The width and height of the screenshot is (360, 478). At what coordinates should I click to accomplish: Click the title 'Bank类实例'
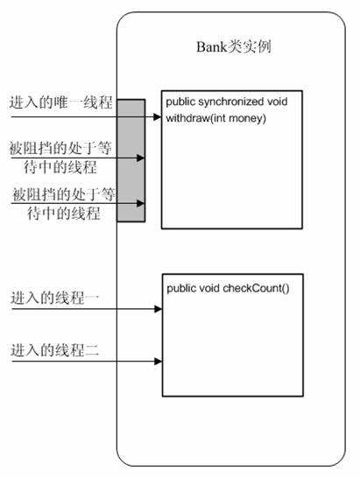click(234, 47)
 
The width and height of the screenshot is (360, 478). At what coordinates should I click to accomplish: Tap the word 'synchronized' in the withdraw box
click(230, 102)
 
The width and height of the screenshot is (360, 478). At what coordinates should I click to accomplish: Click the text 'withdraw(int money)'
click(216, 118)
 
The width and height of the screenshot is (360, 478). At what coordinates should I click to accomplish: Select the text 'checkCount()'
click(256, 288)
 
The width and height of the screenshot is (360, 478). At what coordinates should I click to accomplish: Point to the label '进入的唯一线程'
click(61, 102)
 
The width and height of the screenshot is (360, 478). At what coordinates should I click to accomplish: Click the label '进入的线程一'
click(55, 298)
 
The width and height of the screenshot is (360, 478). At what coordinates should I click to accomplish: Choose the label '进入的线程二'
click(55, 350)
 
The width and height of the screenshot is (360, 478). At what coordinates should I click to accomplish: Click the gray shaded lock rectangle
click(131, 160)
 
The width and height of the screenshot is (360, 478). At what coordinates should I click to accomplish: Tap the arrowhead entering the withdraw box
click(158, 116)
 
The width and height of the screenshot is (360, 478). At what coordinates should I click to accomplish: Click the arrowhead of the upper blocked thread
click(140, 158)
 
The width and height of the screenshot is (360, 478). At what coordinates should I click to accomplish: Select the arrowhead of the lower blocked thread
click(140, 203)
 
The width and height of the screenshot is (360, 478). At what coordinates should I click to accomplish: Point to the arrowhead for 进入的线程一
click(159, 309)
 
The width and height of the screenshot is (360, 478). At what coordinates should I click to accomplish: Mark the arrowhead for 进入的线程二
click(159, 362)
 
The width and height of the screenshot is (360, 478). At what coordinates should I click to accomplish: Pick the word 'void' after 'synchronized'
click(278, 102)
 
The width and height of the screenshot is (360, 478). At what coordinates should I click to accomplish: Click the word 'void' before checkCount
click(209, 288)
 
